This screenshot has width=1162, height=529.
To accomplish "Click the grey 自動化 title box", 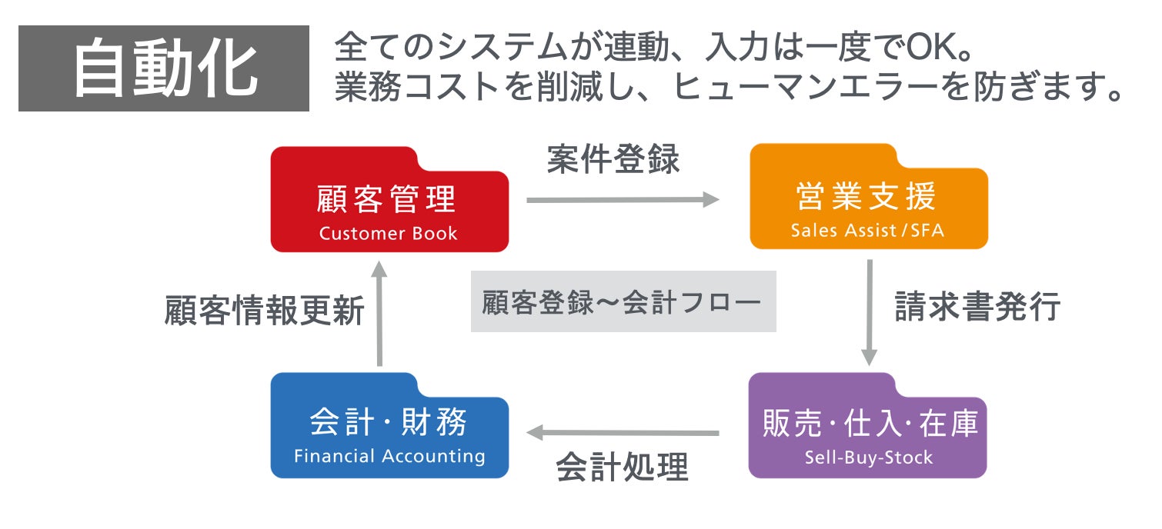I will [163, 68].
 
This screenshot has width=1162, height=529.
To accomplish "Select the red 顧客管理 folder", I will [389, 201].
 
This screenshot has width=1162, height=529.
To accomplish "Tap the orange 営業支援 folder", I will [868, 198].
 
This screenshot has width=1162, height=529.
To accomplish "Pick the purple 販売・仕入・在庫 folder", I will [868, 428].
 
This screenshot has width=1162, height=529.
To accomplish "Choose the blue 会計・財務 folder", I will [389, 428].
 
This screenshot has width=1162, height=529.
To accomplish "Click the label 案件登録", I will [613, 159].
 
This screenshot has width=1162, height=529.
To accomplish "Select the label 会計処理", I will [622, 467].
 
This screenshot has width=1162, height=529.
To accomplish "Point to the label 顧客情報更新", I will [265, 311].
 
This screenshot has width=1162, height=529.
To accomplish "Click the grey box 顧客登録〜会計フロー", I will [623, 302].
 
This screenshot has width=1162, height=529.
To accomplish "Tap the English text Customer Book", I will [389, 234].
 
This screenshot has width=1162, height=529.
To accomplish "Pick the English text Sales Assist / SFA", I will [867, 231].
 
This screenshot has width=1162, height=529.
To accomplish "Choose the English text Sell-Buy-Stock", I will [868, 458].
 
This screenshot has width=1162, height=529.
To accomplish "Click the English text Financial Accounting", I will [389, 456].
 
